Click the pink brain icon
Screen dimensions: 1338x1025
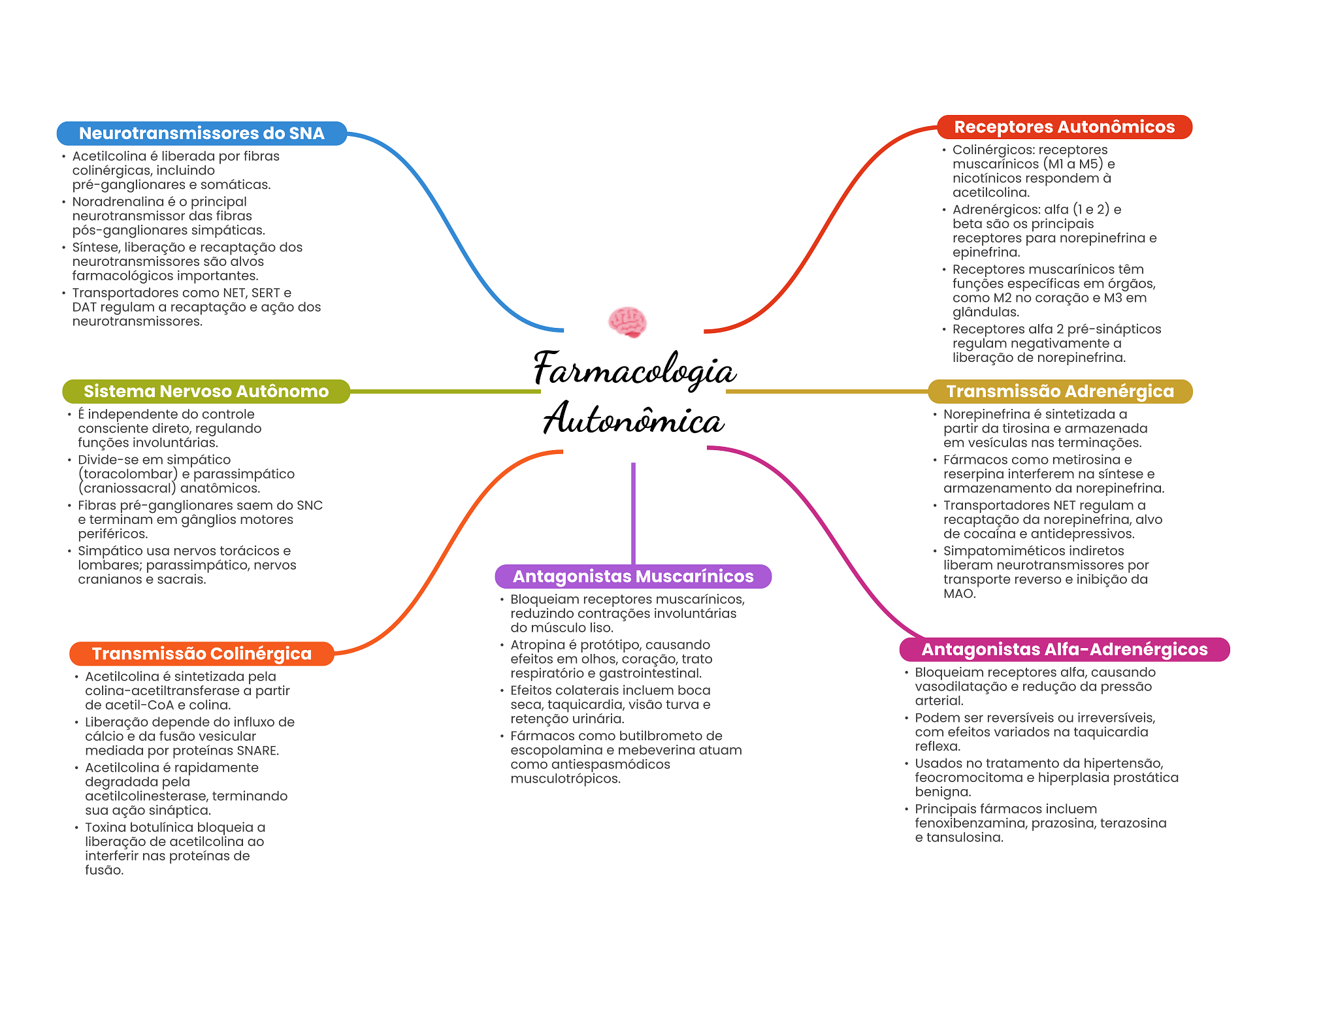tap(627, 322)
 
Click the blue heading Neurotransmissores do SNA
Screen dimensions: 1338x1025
tap(202, 133)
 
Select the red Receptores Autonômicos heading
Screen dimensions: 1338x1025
tap(1064, 127)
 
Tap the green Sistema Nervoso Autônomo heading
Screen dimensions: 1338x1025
tap(206, 391)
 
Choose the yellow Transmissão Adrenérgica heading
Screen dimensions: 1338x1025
tap(1060, 391)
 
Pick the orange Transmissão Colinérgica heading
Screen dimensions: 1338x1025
tap(202, 654)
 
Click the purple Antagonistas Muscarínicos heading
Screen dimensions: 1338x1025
tap(633, 576)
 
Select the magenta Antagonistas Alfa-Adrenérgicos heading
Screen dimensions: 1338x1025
tap(1064, 649)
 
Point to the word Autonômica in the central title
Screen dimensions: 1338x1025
tap(634, 419)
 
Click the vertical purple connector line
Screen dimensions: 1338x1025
tap(633, 513)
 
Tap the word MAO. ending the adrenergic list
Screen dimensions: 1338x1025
tap(960, 594)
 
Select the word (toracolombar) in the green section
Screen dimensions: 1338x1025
tap(128, 474)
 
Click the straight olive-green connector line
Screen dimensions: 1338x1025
tap(446, 391)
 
